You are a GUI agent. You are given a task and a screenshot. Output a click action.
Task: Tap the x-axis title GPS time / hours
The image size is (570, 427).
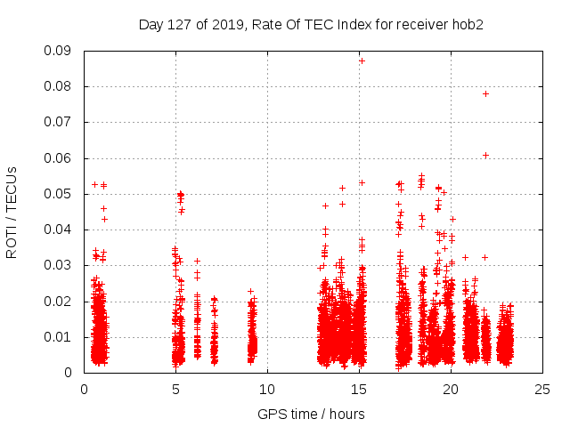click(311, 414)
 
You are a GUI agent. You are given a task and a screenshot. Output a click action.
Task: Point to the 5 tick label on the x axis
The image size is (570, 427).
click(175, 389)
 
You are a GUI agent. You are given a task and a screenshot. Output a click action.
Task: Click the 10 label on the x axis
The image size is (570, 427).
click(267, 389)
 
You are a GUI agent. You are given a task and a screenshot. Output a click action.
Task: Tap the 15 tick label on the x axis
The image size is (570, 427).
click(359, 389)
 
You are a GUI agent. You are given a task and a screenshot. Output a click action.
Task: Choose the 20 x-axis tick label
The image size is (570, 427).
click(451, 389)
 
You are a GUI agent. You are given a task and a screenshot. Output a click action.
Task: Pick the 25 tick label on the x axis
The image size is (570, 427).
click(542, 389)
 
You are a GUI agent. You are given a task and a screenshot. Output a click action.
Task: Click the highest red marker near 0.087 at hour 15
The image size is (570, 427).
click(362, 60)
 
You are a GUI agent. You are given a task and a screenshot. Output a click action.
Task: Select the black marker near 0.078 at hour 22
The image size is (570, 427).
click(485, 93)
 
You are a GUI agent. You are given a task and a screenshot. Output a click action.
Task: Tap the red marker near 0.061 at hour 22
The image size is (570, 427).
click(485, 155)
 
